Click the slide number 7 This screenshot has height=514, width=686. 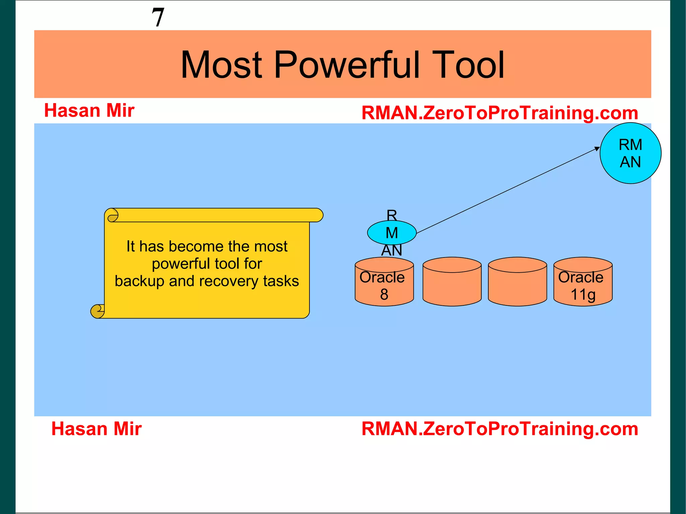[x=158, y=17]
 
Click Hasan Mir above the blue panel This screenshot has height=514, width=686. [x=89, y=111]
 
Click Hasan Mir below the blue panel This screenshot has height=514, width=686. [x=96, y=429]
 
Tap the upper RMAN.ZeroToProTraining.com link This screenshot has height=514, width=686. [x=499, y=113]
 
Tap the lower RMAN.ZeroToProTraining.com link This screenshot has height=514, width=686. [x=499, y=429]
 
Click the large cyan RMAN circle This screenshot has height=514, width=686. [x=630, y=153]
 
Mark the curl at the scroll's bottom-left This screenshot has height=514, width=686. [x=97, y=311]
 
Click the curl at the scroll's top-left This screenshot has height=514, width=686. [x=113, y=215]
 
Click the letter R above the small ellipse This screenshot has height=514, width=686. [x=392, y=215]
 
